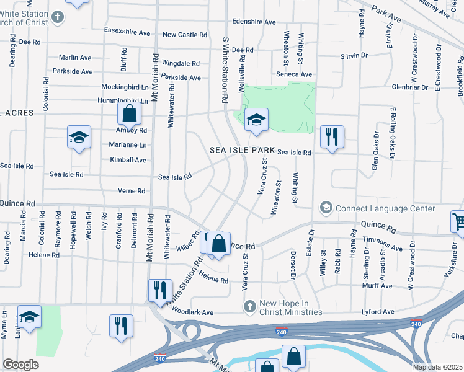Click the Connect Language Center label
pyautogui.click(x=385, y=208)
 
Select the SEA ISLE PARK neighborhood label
pyautogui.click(x=242, y=150)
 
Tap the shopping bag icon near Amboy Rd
pyautogui.click(x=130, y=113)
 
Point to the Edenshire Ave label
pyautogui.click(x=254, y=22)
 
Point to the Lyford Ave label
pyautogui.click(x=380, y=312)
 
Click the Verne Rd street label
pyautogui.click(x=132, y=192)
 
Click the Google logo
pyautogui.click(x=20, y=365)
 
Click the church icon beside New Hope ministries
pyautogui.click(x=249, y=306)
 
